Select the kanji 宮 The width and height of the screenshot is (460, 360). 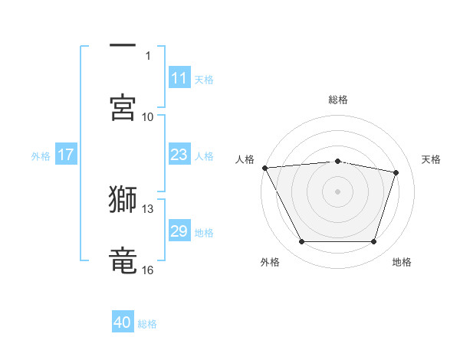pos(123,107)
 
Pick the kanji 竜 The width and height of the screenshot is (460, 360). pos(123,260)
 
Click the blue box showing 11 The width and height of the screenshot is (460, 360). pos(179,78)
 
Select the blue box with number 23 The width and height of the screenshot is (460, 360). pos(179,155)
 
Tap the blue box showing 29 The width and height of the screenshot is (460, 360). pos(179,231)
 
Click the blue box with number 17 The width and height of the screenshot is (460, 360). pos(66,155)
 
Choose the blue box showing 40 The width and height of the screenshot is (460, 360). pos(123,323)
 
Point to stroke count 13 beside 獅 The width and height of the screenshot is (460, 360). pos(148,208)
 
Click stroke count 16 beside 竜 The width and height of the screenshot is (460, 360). pos(148,270)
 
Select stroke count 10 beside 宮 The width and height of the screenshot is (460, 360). pos(148,116)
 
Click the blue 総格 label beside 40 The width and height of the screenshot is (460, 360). pos(147,324)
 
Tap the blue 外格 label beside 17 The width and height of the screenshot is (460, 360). pos(41,155)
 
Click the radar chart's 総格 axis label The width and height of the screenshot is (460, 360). pos(338,100)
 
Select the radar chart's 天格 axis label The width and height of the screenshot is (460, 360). pos(432,159)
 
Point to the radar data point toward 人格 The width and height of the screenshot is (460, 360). pos(264,168)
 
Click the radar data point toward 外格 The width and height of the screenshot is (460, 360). pos(301,242)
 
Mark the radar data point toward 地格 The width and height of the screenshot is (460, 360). pos(374,242)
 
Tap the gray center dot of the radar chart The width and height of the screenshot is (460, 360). pos(338,191)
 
